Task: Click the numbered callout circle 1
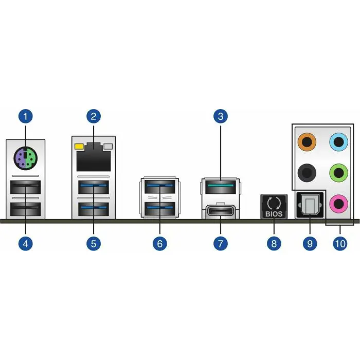(x=26, y=116)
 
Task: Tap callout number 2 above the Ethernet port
(x=93, y=116)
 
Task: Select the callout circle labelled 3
(x=220, y=116)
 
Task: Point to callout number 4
(x=26, y=243)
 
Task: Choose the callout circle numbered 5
(x=93, y=243)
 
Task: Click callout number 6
(x=159, y=243)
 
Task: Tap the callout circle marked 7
(x=220, y=243)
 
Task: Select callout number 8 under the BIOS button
(x=274, y=243)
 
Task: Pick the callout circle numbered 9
(x=310, y=243)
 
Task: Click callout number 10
(x=339, y=243)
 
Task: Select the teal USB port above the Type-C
(x=220, y=185)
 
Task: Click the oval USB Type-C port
(x=221, y=211)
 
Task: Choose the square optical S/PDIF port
(x=309, y=205)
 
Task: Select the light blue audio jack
(x=337, y=141)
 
